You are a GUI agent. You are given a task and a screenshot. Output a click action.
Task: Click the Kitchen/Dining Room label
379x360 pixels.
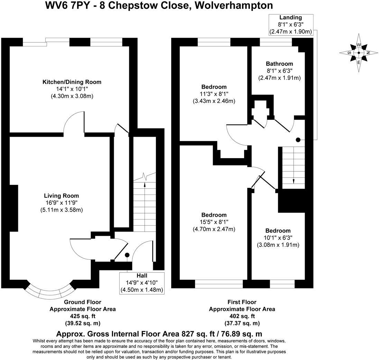[x=72, y=82]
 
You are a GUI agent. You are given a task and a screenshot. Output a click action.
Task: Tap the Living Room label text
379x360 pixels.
[x=62, y=196]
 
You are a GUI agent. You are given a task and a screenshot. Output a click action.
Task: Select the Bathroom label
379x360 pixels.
[x=279, y=64]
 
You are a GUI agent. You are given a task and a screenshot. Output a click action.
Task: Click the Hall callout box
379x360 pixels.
[x=142, y=283]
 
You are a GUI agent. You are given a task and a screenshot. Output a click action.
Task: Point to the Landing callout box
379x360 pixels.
[x=291, y=25]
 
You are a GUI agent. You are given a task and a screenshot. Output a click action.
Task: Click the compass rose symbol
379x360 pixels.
[x=359, y=53]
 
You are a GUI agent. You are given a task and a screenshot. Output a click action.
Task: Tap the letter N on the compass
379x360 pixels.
[x=368, y=53]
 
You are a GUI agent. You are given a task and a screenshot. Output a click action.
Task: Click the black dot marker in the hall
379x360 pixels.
[x=127, y=255]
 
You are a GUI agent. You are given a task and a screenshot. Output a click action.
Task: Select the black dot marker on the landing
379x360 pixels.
[x=298, y=140]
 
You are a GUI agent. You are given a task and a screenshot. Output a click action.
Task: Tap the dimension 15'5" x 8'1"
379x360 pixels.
[x=214, y=222]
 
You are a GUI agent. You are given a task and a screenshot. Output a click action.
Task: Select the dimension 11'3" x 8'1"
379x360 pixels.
[x=214, y=94]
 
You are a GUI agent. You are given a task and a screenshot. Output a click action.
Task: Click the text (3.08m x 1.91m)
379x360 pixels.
[x=278, y=245]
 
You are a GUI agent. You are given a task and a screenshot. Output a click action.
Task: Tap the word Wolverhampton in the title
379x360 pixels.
[x=233, y=5]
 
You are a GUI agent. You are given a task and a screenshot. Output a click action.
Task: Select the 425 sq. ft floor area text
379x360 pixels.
[x=83, y=316]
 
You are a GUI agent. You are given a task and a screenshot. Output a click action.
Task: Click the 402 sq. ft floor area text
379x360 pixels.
[x=242, y=316]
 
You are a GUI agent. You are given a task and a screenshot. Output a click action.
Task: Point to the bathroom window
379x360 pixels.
[x=276, y=42]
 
